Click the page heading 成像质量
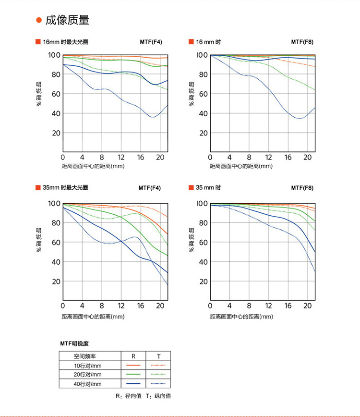click(67, 20)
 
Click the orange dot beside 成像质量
click(39, 21)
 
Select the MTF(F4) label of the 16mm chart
click(151, 42)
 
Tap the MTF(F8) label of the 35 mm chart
click(302, 187)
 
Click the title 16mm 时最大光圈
click(65, 42)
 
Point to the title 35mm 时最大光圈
click(65, 187)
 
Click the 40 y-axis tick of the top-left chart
click(55, 113)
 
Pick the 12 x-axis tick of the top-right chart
click(269, 158)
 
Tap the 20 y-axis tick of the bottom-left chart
click(55, 281)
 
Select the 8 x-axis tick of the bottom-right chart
click(249, 306)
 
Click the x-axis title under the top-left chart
click(93, 166)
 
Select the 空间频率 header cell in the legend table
click(84, 356)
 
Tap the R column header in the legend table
click(133, 356)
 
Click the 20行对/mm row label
click(88, 374)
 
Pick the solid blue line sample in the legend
click(133, 383)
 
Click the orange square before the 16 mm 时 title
click(191, 42)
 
